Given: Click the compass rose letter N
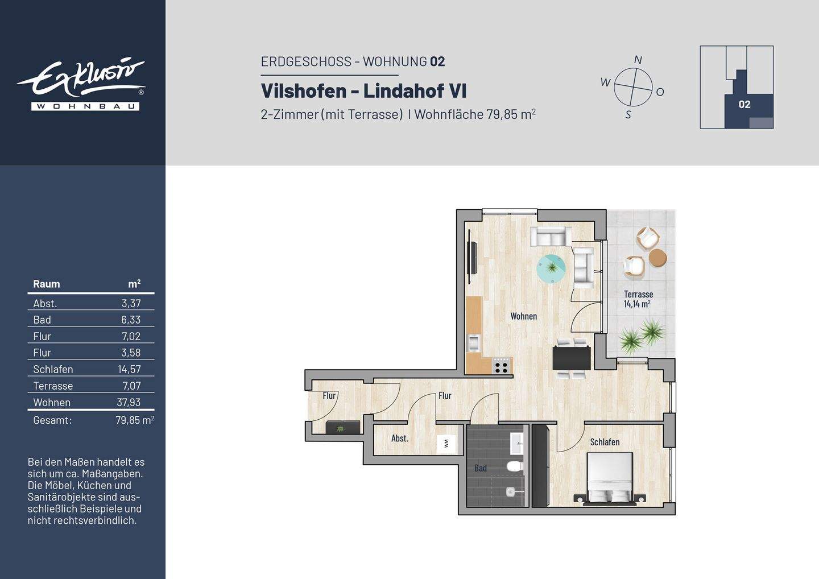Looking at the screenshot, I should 638,60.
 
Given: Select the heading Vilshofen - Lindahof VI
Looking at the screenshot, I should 363,91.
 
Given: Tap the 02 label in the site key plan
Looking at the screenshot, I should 744,105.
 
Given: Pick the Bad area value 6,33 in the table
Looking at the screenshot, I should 130,320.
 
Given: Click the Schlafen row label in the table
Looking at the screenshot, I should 53,369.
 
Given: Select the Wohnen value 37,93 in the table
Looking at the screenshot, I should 129,402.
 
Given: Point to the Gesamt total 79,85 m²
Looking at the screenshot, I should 134,420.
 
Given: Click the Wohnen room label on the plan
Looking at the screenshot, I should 523,316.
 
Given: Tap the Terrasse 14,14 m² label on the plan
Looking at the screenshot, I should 638,299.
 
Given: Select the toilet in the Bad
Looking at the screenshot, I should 515,467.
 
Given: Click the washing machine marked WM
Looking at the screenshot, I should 445,444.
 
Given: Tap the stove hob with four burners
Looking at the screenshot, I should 501,365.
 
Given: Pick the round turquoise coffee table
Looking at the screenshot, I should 551,268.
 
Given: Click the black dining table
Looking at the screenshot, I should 571,358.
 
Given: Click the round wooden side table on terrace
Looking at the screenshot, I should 657,258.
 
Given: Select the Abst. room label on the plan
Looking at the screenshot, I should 399,439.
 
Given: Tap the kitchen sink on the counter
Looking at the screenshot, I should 473,342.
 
